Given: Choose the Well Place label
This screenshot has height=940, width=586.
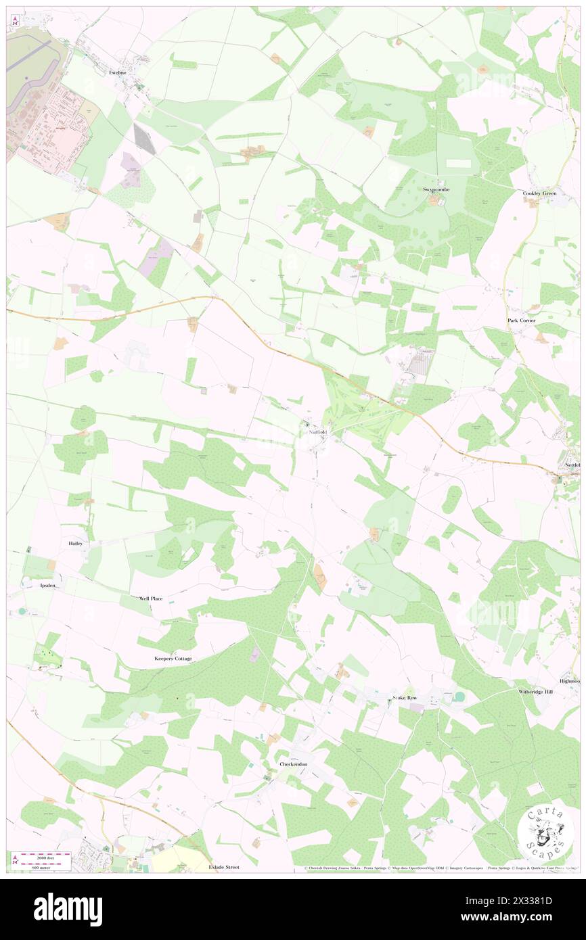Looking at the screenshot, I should point(151,598).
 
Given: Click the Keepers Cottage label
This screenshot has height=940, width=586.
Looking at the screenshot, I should point(173,658).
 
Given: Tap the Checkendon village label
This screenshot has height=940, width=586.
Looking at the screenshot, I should point(293,764).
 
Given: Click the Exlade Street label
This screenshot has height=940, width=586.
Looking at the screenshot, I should point(224,866).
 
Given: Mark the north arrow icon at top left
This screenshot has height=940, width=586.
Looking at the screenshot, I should point(14,22).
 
